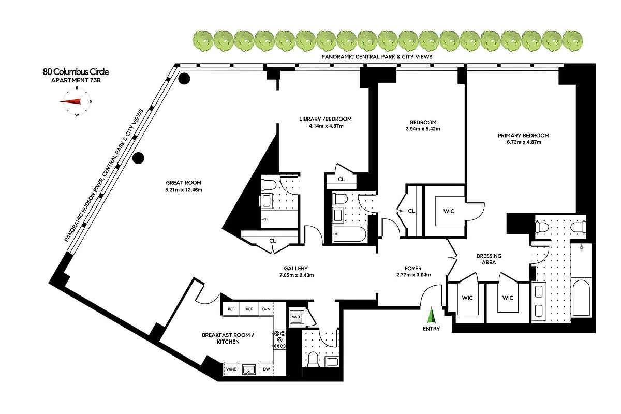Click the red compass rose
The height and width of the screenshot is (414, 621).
[77, 101]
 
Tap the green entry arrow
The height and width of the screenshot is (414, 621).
[431, 316]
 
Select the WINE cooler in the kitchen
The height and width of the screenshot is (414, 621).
[231, 369]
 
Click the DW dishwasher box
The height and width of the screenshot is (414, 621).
[266, 369]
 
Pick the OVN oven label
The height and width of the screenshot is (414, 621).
[266, 309]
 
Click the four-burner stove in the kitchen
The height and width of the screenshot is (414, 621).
[279, 339]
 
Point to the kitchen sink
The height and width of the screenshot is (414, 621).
[249, 369]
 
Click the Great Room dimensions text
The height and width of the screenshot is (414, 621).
[183, 190]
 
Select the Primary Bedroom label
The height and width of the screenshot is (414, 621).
[523, 136]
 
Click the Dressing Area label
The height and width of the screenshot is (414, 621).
[489, 259]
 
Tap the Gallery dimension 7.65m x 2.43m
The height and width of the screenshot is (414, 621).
[296, 275]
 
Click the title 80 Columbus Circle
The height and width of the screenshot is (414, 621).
[76, 72]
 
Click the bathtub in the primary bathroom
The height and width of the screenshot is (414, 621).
[582, 300]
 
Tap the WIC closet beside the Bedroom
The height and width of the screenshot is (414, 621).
[448, 211]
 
